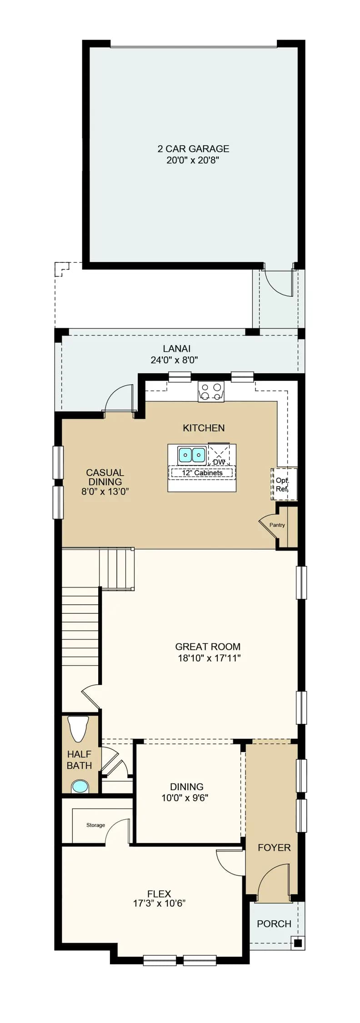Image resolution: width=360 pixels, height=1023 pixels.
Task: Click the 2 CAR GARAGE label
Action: [193, 149]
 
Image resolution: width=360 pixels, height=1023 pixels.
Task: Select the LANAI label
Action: [177, 349]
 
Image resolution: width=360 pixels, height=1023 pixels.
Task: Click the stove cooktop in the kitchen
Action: [211, 391]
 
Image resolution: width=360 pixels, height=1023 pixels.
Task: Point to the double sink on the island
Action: [192, 454]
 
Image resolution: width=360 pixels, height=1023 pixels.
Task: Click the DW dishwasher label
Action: [219, 462]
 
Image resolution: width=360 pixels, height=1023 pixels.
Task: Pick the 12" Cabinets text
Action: [202, 473]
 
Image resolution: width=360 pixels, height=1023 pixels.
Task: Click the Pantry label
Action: [277, 525]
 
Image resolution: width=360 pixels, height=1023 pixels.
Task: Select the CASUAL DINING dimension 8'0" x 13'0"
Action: [105, 491]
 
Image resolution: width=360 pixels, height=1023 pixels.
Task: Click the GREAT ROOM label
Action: [208, 647]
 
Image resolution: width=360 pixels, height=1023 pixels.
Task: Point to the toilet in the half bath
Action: [78, 728]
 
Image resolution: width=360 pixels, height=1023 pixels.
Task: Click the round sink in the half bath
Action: [80, 787]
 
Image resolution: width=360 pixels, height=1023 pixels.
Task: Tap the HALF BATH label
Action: [79, 760]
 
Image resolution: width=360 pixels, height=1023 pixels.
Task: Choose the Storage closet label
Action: [95, 825]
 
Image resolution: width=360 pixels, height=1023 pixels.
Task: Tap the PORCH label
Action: [274, 924]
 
